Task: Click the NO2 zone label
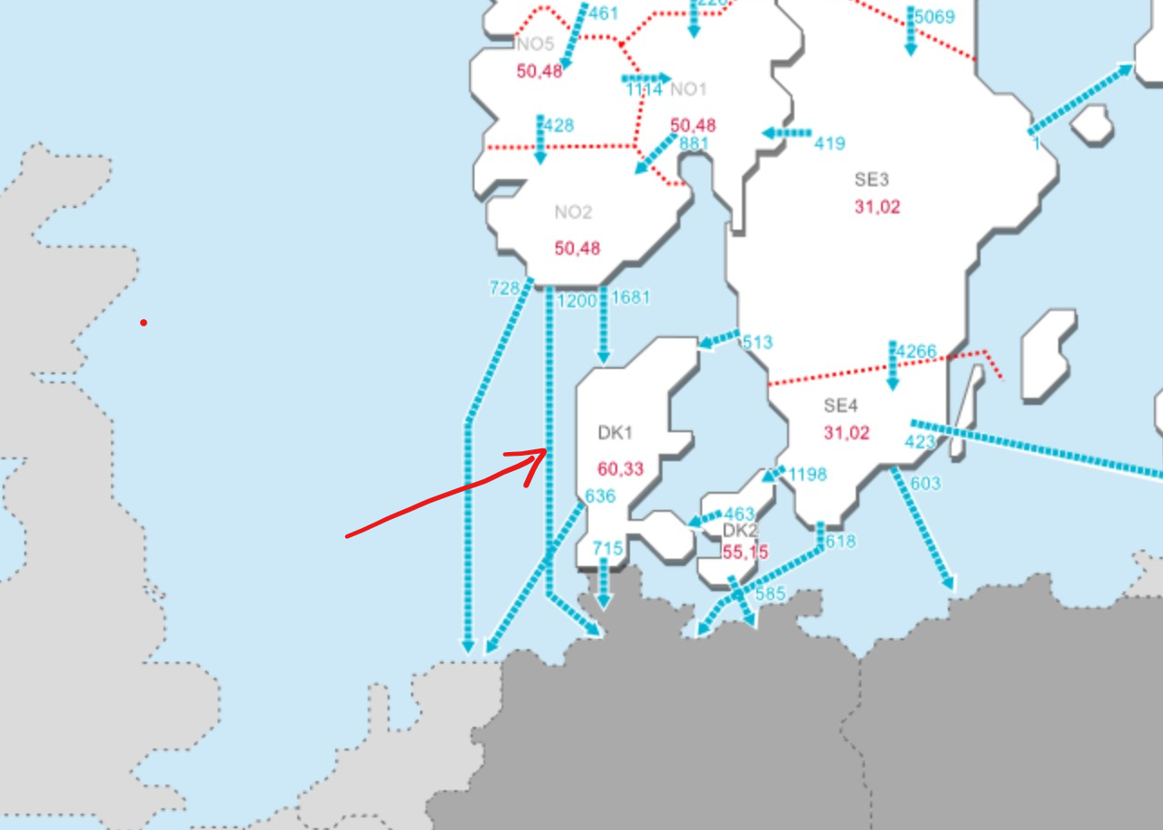pos(573,212)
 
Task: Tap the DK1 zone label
pos(614,433)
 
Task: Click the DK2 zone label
pos(740,530)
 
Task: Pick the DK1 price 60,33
pos(621,468)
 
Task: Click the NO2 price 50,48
pos(577,248)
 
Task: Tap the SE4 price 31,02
pos(847,433)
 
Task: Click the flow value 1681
pos(631,297)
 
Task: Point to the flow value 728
pos(504,288)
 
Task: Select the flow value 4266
pos(917,351)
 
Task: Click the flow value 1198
pos(807,475)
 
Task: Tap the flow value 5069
pos(934,16)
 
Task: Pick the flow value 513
pos(757,343)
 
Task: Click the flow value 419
pos(830,143)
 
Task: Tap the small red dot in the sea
pos(144,323)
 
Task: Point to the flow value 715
pos(607,548)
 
